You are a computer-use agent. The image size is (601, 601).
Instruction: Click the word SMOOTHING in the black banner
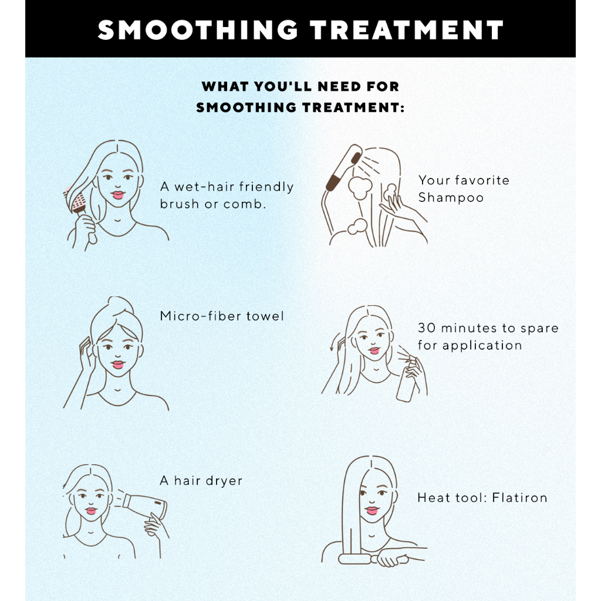[198, 30]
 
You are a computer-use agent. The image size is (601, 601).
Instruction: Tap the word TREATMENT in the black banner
[407, 30]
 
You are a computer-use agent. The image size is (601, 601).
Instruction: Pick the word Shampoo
[451, 198]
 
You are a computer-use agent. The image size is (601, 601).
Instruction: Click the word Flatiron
[520, 498]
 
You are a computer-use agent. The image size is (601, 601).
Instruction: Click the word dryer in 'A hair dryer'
[224, 481]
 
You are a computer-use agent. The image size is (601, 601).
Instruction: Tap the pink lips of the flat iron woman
[372, 511]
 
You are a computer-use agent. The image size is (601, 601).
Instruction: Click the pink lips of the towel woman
[118, 364]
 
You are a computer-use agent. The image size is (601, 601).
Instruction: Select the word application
[482, 346]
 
